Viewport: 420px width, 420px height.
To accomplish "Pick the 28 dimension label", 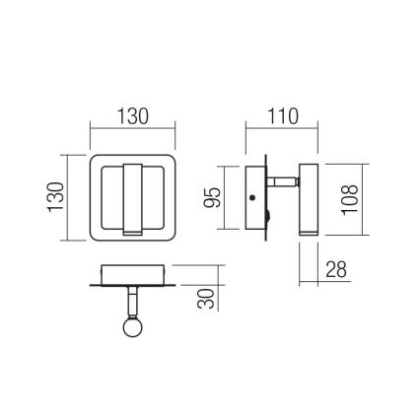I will (336, 268).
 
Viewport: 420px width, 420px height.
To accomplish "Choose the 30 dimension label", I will (206, 296).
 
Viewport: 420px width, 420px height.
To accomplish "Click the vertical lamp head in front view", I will (133, 196).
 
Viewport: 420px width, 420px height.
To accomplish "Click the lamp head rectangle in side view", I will (307, 197).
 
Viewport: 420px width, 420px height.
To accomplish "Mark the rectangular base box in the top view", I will (132, 272).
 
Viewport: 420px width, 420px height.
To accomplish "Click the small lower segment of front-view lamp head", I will (133, 232).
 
